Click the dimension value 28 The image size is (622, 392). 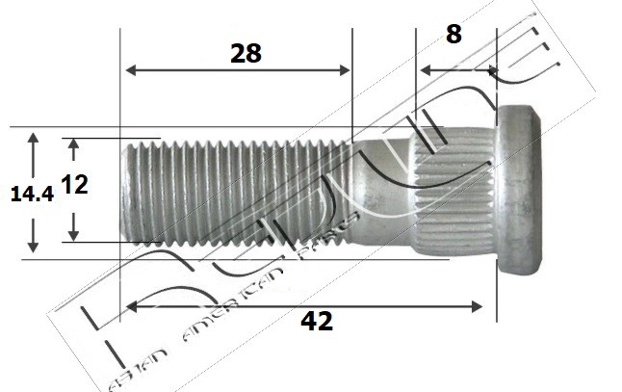pos(246,53)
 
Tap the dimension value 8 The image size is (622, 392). pos(454,34)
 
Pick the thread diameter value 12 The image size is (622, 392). pos(74,184)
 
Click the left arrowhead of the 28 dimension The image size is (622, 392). pos(132,70)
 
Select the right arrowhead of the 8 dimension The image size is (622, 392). pos(491,70)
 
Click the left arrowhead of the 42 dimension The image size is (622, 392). pos(132,306)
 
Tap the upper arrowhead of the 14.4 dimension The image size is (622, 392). pos(34,140)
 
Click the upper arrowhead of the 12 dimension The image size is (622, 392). pos(74,144)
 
